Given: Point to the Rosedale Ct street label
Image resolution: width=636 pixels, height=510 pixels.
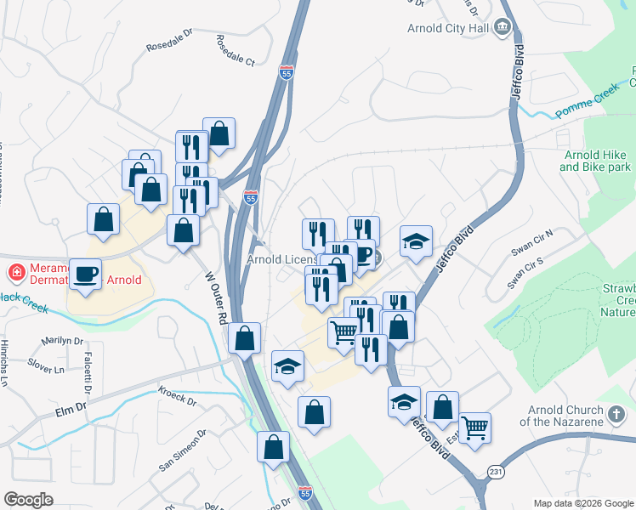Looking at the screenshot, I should click(x=236, y=51).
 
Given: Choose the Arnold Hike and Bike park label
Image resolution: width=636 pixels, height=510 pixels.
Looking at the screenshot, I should click(x=594, y=161).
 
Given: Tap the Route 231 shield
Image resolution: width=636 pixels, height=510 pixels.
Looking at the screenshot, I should click(x=496, y=471).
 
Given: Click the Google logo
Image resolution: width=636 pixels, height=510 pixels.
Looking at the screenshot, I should click(x=28, y=499).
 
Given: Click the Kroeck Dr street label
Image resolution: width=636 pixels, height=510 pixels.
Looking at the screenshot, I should click(x=177, y=395).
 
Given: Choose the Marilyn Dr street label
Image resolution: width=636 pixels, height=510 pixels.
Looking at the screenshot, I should click(x=65, y=343).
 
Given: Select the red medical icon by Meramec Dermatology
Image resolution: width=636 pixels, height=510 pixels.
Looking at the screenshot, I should click(x=15, y=273).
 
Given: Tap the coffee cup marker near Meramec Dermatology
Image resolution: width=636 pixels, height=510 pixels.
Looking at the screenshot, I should click(x=84, y=275).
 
